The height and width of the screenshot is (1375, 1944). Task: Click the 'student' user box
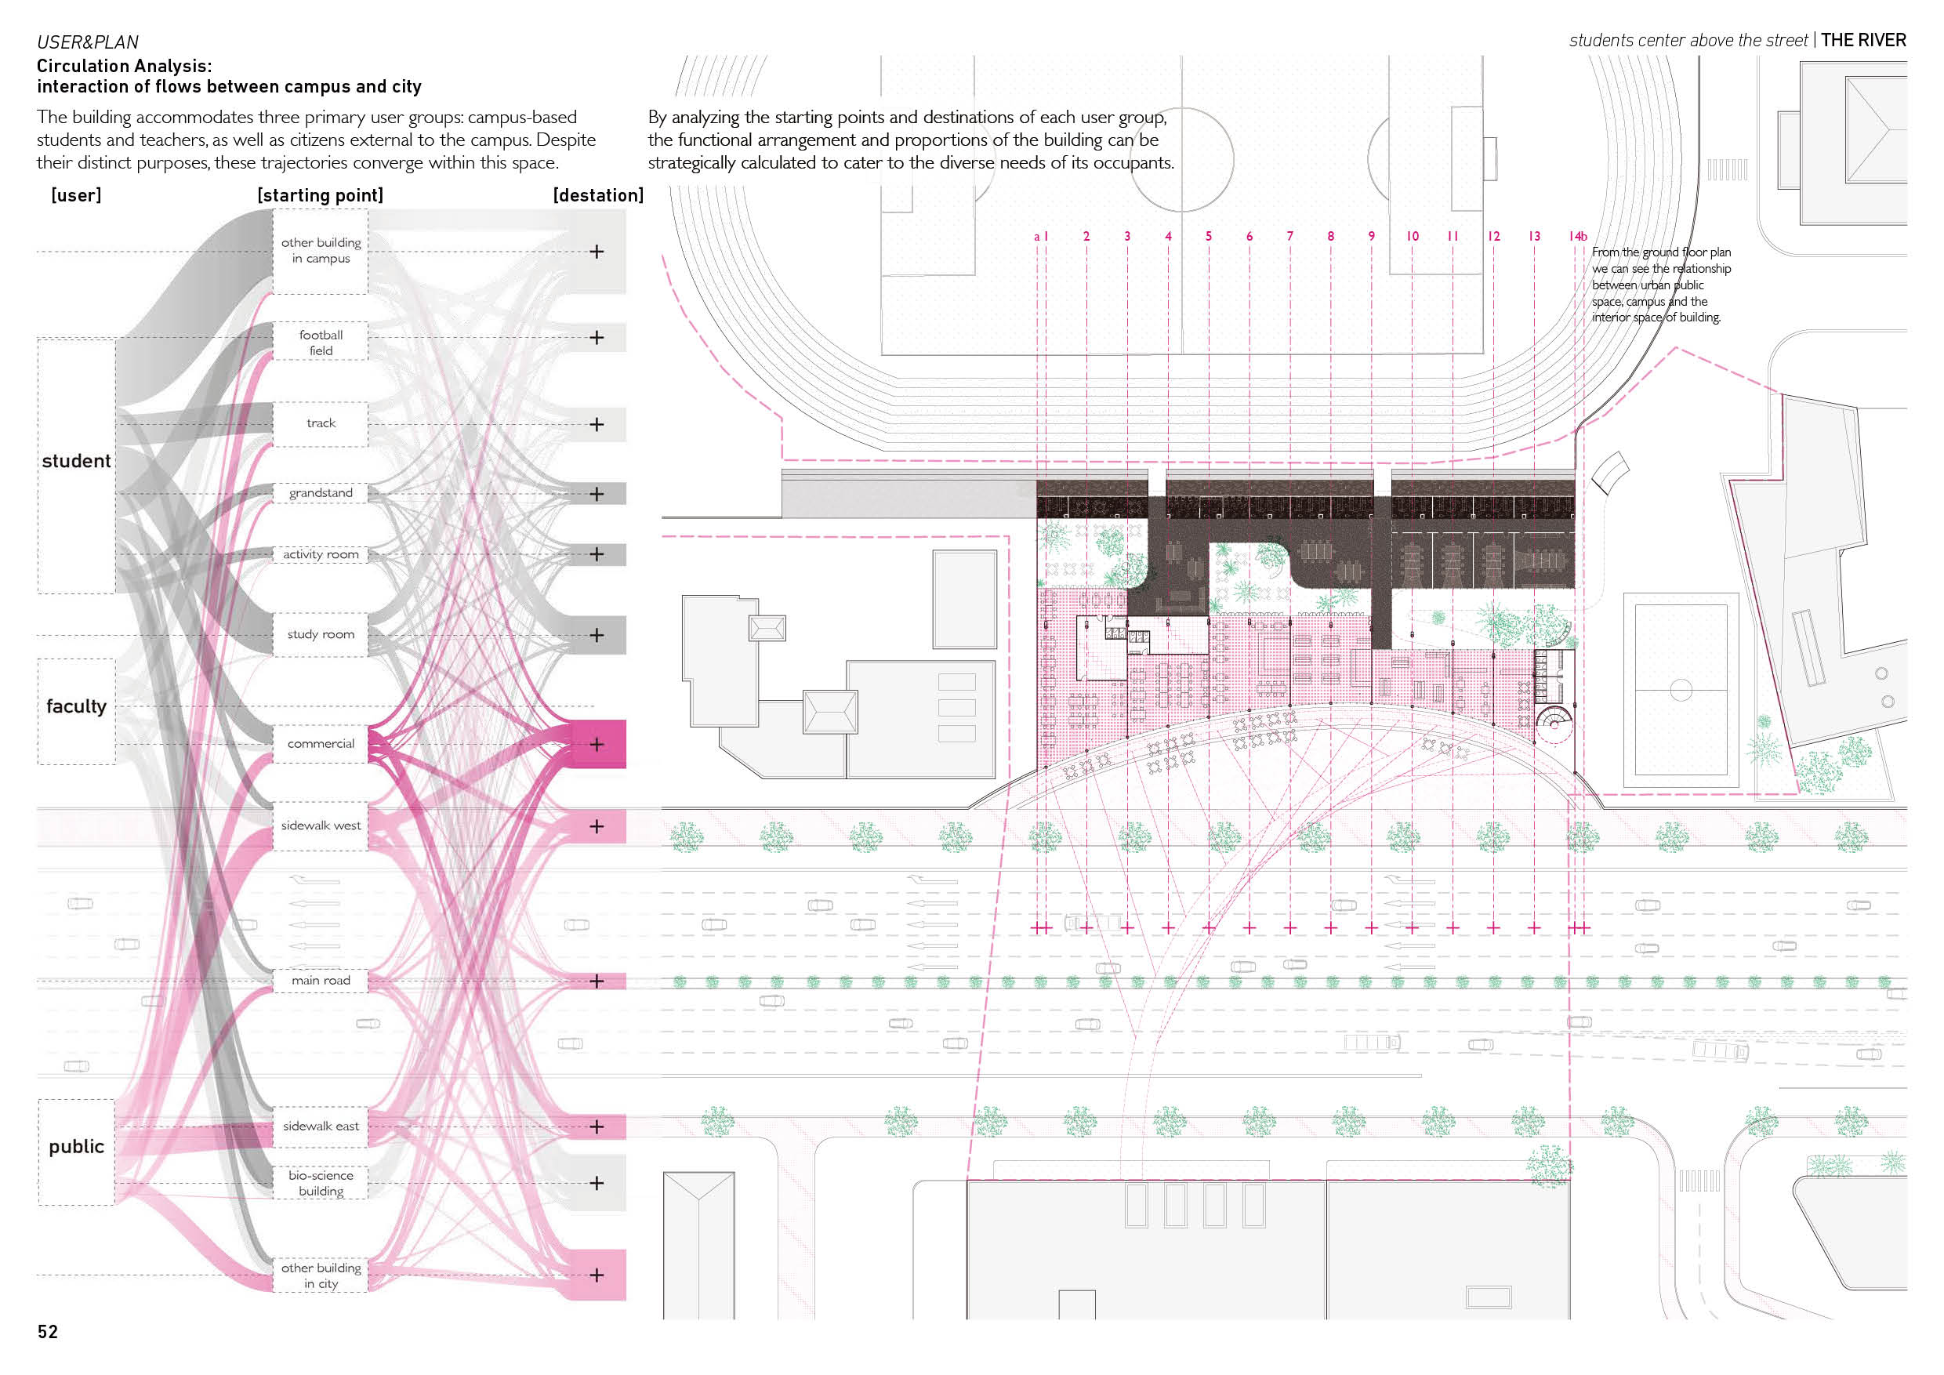[76, 466]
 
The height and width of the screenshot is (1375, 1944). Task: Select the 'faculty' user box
[76, 711]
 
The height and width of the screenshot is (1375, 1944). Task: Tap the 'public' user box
[76, 1152]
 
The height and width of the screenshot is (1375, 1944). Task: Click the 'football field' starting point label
[321, 343]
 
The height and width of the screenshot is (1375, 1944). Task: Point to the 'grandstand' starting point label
[321, 493]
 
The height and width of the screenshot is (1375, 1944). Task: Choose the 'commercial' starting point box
[321, 743]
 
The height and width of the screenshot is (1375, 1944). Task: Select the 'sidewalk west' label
[321, 825]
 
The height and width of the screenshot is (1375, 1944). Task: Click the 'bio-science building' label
[321, 1183]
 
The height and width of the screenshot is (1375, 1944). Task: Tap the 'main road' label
[321, 981]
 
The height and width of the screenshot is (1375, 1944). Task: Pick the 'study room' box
[321, 634]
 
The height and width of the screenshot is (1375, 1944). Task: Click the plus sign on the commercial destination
[597, 744]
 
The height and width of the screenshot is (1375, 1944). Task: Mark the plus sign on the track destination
[597, 424]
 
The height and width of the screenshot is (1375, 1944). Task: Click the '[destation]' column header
[599, 195]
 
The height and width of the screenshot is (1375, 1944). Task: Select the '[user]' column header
[76, 195]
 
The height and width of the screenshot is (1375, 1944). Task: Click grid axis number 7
[1290, 236]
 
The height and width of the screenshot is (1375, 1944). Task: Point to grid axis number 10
[1413, 236]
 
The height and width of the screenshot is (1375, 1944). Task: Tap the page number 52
[47, 1332]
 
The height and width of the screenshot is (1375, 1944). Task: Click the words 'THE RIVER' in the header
[1863, 40]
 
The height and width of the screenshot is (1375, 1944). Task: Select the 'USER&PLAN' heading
[87, 42]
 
